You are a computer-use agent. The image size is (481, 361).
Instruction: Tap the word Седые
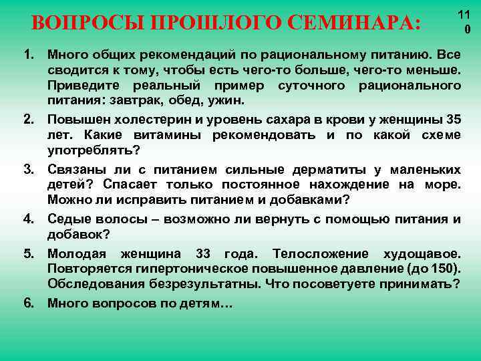69,219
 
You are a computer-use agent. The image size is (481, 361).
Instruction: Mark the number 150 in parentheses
442,269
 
